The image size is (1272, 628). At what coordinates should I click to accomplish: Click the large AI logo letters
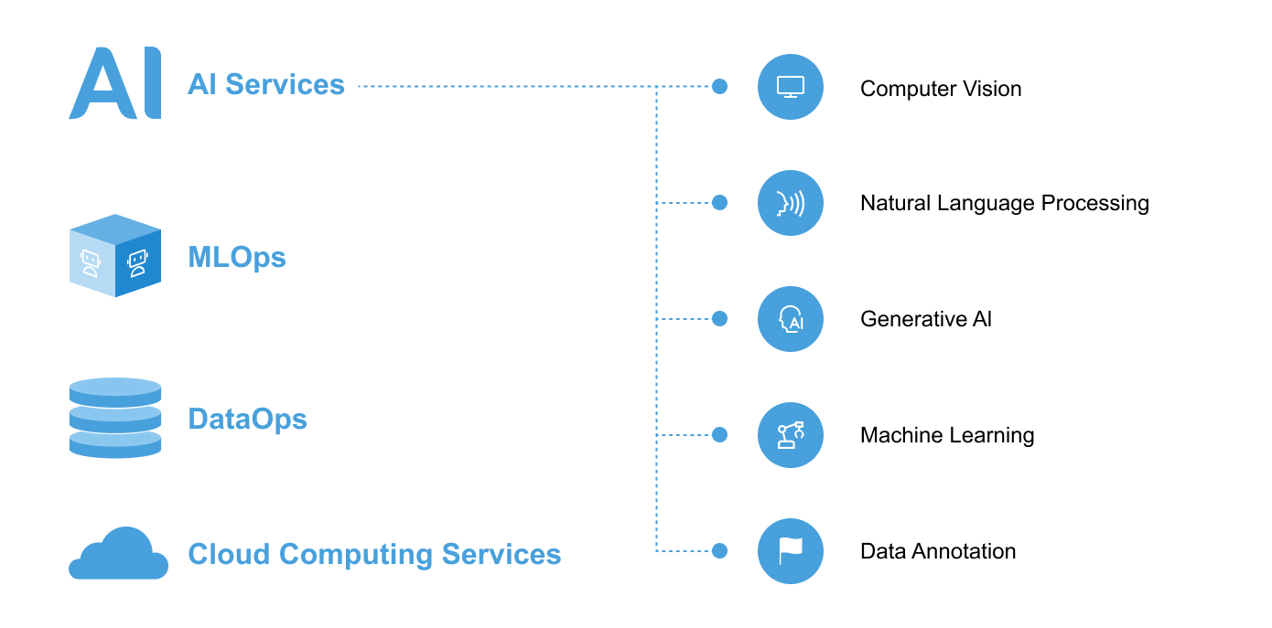point(114,83)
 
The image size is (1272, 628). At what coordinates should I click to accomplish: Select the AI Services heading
point(265,84)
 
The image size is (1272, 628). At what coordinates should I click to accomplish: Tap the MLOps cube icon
point(115,255)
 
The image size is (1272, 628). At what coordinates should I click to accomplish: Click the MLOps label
point(237,258)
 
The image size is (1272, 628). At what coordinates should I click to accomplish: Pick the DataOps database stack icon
point(115,418)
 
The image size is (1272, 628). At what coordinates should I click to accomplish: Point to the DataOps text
point(247,420)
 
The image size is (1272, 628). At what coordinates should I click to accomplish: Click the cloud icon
point(118,553)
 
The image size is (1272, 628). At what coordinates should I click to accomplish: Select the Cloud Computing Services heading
point(374,555)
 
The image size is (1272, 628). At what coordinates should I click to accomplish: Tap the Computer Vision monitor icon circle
point(791,87)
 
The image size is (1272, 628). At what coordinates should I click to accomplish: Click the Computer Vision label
point(941,89)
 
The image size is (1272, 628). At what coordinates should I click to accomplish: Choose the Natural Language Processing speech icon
point(791,203)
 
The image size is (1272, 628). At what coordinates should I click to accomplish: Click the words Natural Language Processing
point(1005,204)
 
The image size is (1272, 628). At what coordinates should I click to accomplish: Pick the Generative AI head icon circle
point(791,319)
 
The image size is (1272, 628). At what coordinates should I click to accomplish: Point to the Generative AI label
point(926,319)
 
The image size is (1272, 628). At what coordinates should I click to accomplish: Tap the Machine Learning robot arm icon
point(791,435)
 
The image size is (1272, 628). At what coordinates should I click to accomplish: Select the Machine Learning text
point(947,436)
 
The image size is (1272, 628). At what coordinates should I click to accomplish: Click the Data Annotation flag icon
point(791,551)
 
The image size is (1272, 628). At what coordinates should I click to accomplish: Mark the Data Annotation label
point(938,551)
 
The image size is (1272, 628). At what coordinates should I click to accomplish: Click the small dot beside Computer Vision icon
point(719,86)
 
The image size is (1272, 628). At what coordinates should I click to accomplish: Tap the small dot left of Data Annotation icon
point(719,551)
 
